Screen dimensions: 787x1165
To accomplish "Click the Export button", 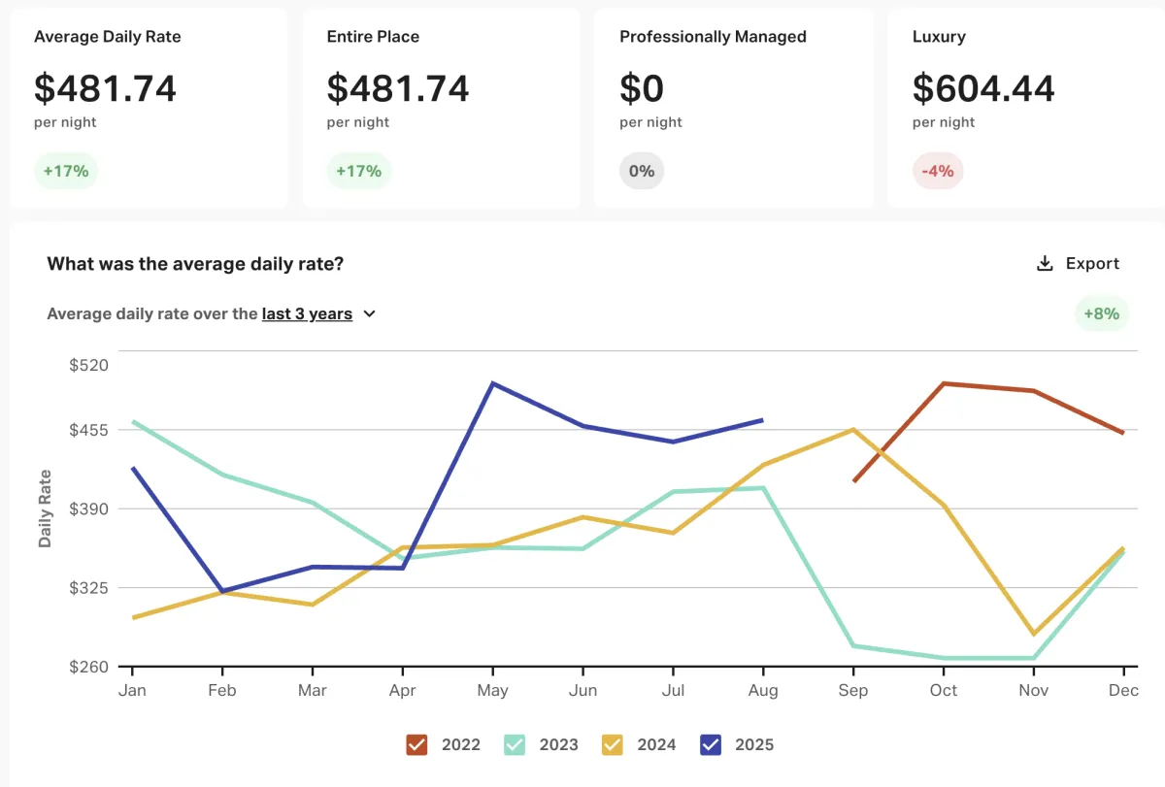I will pyautogui.click(x=1078, y=264).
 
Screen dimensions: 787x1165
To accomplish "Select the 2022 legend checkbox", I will pyautogui.click(x=417, y=744).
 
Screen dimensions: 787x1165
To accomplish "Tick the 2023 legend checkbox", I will pyautogui.click(x=515, y=744).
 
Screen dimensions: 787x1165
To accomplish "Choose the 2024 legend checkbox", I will pyautogui.click(x=613, y=744).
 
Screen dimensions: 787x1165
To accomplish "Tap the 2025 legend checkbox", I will pyautogui.click(x=711, y=744).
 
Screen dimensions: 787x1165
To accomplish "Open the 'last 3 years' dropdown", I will pyautogui.click(x=318, y=313).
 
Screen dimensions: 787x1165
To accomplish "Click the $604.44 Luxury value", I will pyautogui.click(x=983, y=89).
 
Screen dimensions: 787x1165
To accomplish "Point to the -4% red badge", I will pyautogui.click(x=938, y=172).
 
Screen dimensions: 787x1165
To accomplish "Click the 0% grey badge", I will pyautogui.click(x=642, y=172).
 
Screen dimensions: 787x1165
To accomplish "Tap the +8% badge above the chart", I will pyautogui.click(x=1102, y=313).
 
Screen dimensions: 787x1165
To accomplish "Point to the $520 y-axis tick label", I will pyautogui.click(x=89, y=366).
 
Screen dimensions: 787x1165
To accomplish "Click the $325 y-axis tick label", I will pyautogui.click(x=89, y=588).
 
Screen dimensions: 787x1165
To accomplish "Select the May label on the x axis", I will pyautogui.click(x=493, y=690).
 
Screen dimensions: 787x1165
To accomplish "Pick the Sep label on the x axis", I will pyautogui.click(x=853, y=690).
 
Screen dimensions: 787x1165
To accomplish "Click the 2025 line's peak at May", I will pyautogui.click(x=493, y=383).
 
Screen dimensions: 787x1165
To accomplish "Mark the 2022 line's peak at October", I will pyautogui.click(x=944, y=383).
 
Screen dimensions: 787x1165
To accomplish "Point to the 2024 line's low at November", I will pyautogui.click(x=1034, y=635).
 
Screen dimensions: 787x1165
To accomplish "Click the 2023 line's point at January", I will pyautogui.click(x=132, y=421).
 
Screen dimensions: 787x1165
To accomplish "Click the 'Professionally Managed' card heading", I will pyautogui.click(x=713, y=37).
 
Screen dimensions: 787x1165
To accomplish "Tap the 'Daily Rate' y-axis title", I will pyautogui.click(x=46, y=508).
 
